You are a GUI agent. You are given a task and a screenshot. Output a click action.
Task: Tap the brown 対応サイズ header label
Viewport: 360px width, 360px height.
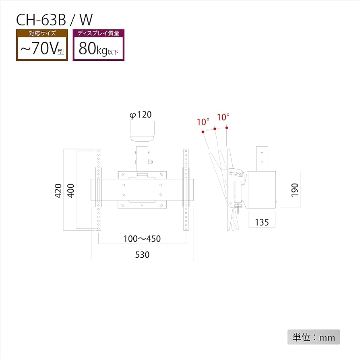pyautogui.click(x=41, y=34)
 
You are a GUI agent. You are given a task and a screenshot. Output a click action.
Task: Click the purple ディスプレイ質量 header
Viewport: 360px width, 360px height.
pyautogui.click(x=98, y=34)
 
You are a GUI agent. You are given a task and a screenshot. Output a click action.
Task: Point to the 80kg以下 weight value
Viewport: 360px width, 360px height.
pyautogui.click(x=98, y=50)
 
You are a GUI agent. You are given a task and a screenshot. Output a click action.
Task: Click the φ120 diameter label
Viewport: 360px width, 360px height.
pyautogui.click(x=141, y=115)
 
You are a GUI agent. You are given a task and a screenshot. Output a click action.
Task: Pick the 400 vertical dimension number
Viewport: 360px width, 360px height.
pyautogui.click(x=71, y=190)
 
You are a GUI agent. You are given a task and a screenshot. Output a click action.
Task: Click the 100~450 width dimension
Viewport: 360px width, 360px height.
pyautogui.click(x=142, y=239)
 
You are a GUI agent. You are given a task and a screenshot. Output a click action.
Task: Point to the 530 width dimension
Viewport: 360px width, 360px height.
pyautogui.click(x=142, y=255)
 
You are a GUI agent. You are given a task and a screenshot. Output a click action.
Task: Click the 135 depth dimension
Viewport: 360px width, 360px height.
pyautogui.click(x=262, y=222)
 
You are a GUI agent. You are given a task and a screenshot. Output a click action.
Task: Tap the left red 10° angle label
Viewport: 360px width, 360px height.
pyautogui.click(x=203, y=122)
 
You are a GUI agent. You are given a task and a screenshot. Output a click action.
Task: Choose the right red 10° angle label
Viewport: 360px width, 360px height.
pyautogui.click(x=223, y=117)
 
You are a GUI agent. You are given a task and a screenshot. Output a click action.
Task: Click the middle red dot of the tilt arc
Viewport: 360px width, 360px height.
pyautogui.click(x=215, y=129)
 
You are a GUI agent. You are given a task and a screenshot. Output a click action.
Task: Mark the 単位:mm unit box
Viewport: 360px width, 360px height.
pyautogui.click(x=314, y=337)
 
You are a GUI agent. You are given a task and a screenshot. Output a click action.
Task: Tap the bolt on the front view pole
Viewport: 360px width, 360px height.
pyautogui.click(x=151, y=163)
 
